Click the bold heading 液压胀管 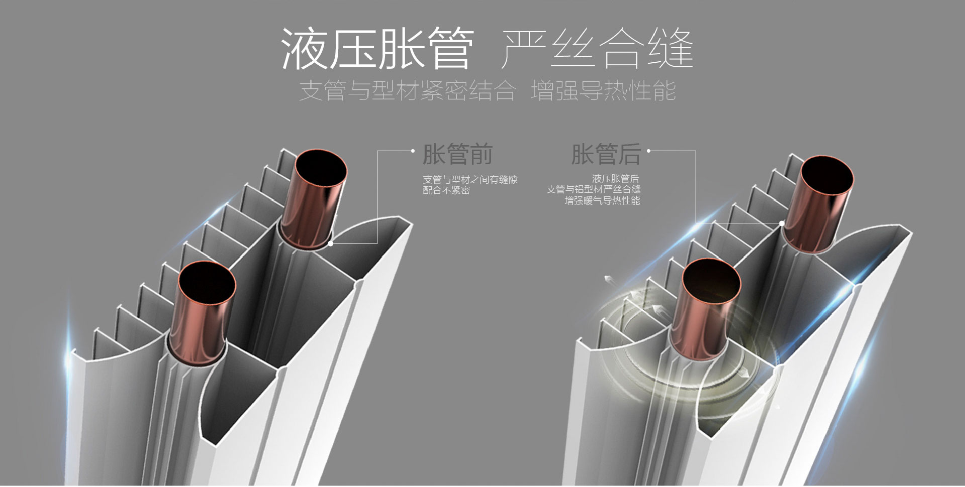pos(377,48)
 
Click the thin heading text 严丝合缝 pos(598,48)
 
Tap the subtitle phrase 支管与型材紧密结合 pos(408,91)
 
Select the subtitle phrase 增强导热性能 pos(603,91)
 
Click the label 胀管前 pos(457,154)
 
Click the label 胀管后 pos(606,154)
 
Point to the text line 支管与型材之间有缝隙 pos(470,180)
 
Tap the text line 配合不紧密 pos(446,191)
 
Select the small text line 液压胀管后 pos(616,179)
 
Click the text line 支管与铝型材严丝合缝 pos(594,190)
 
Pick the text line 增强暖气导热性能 pos(602,201)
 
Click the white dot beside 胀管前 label pos(413,151)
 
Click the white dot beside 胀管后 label pos(649,151)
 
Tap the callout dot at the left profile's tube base pos(331,243)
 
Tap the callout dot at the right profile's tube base pos(782,223)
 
